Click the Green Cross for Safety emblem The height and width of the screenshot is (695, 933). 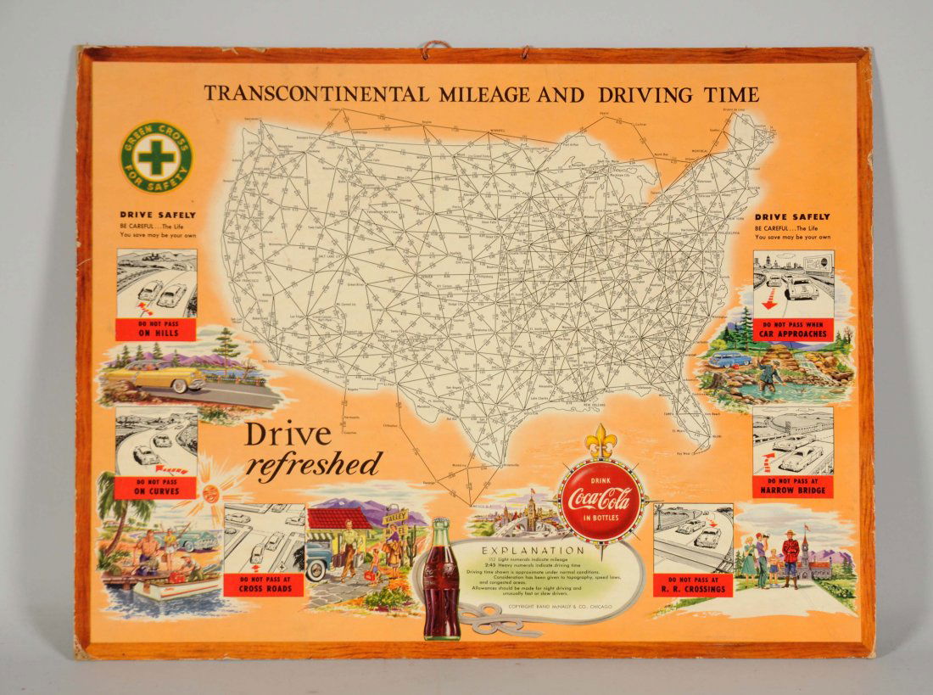pyautogui.click(x=156, y=158)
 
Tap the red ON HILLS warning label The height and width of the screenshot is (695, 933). pyautogui.click(x=156, y=329)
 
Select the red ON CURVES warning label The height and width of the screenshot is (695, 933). pyautogui.click(x=156, y=487)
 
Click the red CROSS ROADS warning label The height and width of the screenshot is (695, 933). pyautogui.click(x=264, y=585)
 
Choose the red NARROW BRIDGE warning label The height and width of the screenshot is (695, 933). pyautogui.click(x=793, y=487)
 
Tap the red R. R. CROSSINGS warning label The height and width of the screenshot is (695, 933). pyautogui.click(x=694, y=585)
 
